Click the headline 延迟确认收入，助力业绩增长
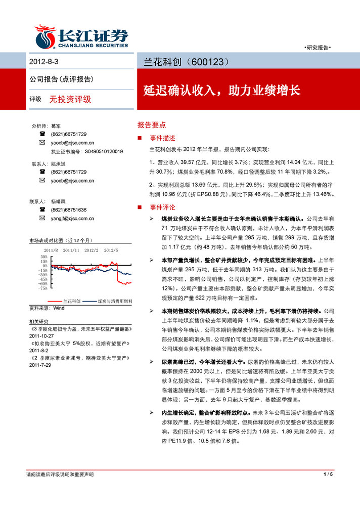coord(221,91)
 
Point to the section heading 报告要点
coord(151,124)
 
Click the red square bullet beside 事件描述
coord(140,138)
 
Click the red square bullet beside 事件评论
coord(140,207)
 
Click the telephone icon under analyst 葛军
coord(42,134)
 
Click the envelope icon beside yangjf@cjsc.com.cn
coord(42,219)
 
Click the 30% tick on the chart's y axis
coord(43,257)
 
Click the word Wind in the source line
coord(59,308)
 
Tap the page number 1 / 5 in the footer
coord(328,475)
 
